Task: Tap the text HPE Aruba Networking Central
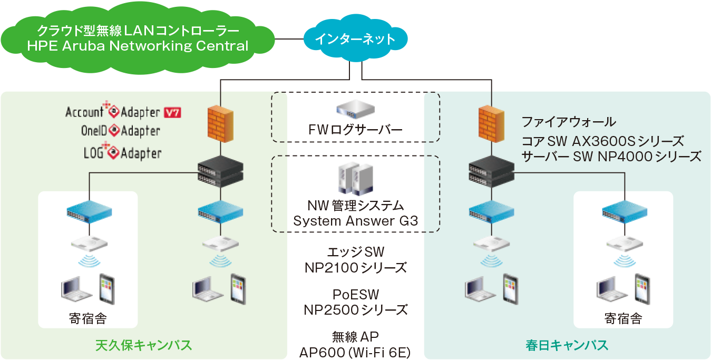click(x=138, y=46)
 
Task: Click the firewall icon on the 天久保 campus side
click(x=221, y=124)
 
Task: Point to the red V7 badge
click(x=172, y=112)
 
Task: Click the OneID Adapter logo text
click(x=121, y=131)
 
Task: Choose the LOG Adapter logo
click(x=122, y=153)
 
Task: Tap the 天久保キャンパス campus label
click(x=143, y=345)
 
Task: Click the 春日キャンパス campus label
click(x=567, y=345)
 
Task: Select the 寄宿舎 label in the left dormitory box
click(x=88, y=318)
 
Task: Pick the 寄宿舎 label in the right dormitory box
click(x=623, y=318)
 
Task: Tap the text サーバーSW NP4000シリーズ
click(x=611, y=157)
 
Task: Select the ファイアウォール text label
click(x=568, y=123)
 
